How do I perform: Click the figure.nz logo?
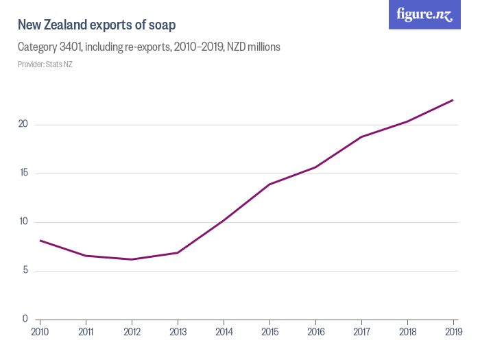424,15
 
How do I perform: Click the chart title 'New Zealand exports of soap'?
97,25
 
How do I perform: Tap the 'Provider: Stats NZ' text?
45,64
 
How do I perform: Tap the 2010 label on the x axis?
40,333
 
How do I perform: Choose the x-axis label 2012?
132,333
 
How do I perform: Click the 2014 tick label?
224,333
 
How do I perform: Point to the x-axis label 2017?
361,333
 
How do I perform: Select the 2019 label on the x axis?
453,333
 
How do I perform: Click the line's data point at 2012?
132,259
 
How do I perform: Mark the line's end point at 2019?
453,100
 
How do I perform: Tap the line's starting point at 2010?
40,241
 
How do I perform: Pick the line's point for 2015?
269,184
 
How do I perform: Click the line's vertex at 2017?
361,137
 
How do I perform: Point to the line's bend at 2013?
178,253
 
